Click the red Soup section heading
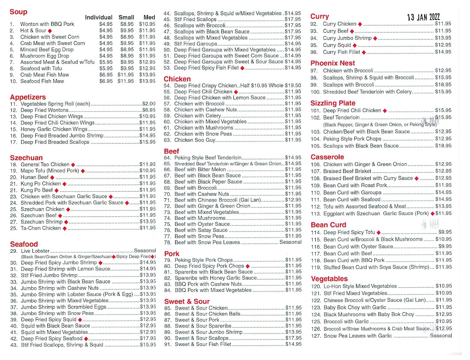click(18, 12)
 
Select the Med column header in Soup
click(149, 17)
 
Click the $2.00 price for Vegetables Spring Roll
click(149, 104)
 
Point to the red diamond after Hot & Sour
click(50, 31)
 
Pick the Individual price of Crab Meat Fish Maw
click(106, 75)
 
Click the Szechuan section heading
click(26, 158)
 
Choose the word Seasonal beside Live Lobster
click(145, 250)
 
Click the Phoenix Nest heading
click(333, 63)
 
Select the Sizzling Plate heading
click(333, 103)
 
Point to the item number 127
click(316, 336)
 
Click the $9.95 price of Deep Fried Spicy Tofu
click(445, 232)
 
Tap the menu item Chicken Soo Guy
click(195, 140)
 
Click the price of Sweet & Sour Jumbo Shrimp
click(293, 332)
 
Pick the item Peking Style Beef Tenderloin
click(208, 158)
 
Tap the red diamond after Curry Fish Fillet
click(363, 52)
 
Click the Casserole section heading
click(327, 157)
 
